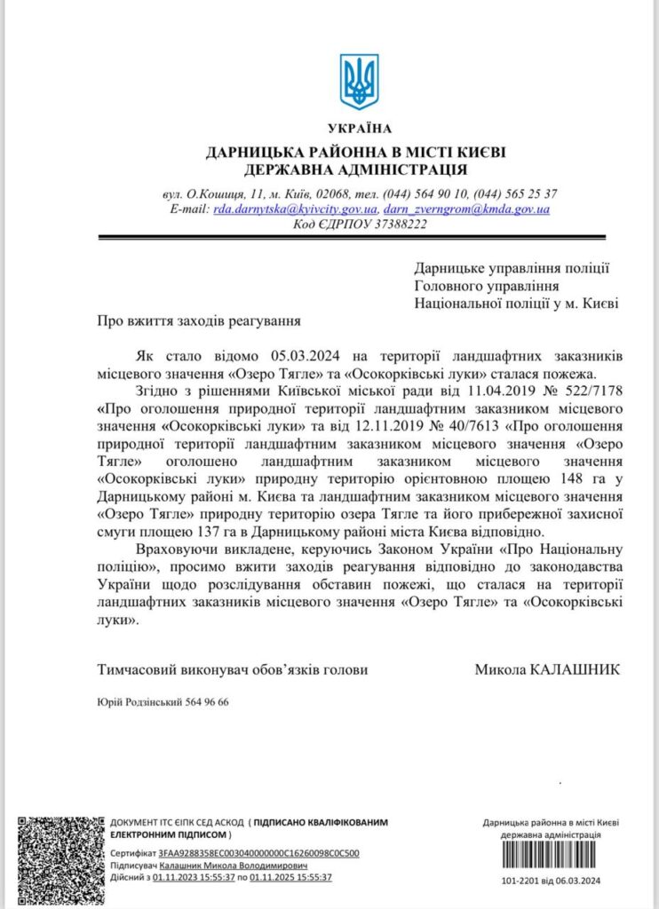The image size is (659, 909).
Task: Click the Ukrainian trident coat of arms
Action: coord(359,81)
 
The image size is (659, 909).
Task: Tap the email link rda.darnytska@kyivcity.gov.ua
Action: coord(293,209)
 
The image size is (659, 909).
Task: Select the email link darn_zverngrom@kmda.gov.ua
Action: coord(466,209)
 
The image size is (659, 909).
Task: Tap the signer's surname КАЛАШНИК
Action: coord(574,669)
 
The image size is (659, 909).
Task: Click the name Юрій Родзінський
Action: coord(138,701)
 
